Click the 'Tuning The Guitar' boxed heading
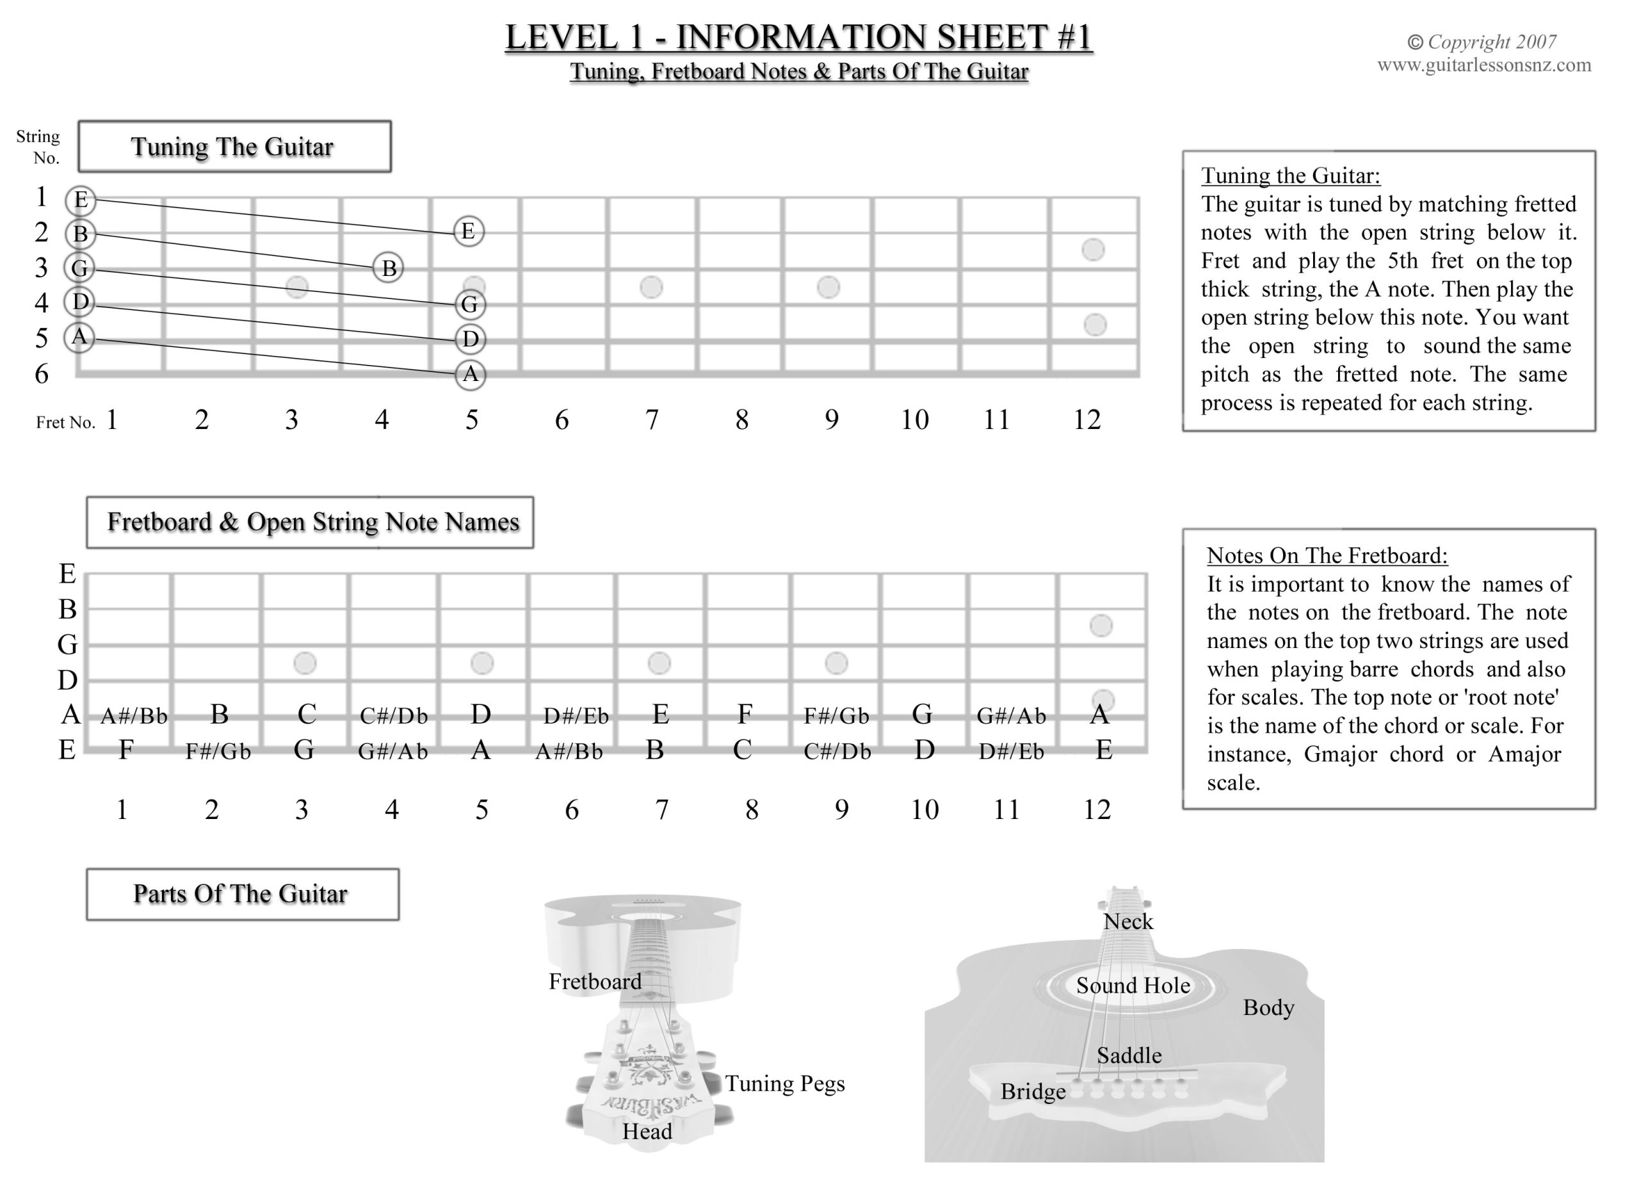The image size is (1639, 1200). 232,147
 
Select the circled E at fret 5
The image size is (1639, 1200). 469,231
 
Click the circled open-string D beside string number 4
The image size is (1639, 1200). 80,302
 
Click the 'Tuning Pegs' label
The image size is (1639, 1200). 785,1083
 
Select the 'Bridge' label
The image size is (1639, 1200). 1033,1092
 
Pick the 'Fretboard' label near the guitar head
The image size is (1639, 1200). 595,982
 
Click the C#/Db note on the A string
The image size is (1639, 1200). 394,717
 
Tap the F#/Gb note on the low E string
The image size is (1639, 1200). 218,752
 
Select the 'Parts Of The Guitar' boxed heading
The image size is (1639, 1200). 241,894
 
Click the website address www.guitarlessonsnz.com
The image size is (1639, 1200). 1483,65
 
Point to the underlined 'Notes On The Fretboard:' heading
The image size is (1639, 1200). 1327,556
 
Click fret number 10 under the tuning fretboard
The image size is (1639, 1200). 914,420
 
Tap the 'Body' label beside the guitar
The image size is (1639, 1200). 1268,1007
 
